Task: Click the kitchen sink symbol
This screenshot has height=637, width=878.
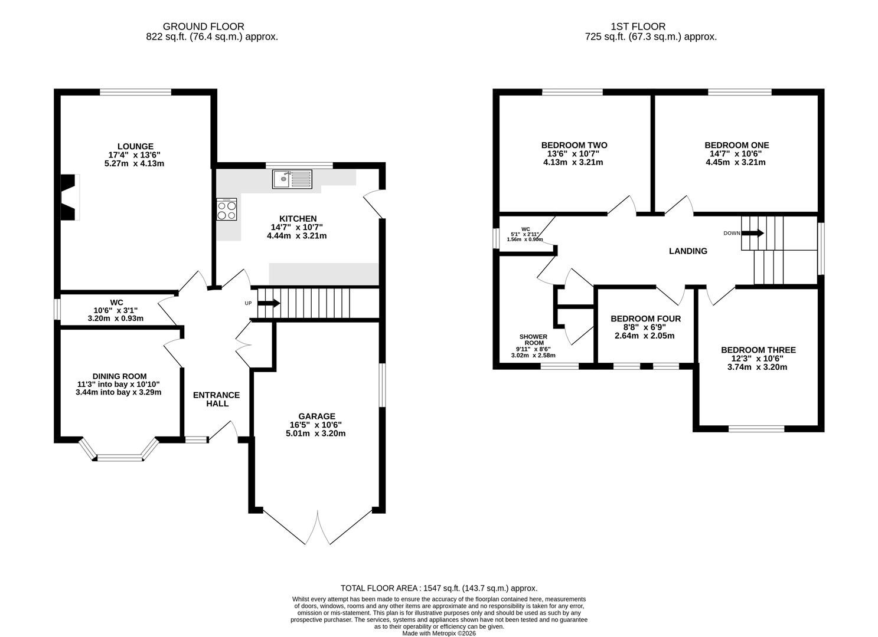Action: click(x=292, y=179)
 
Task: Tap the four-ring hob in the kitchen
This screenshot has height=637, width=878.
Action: click(x=227, y=209)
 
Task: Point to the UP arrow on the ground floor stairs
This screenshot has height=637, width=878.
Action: click(x=269, y=303)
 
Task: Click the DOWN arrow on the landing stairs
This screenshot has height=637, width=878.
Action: click(x=753, y=234)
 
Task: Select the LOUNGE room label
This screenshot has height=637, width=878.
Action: click(x=136, y=146)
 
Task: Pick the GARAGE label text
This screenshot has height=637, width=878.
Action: click(x=316, y=416)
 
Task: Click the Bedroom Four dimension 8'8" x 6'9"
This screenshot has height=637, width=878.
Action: click(x=645, y=327)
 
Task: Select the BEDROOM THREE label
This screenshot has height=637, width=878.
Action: click(x=759, y=350)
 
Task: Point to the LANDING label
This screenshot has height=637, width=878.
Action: click(x=688, y=251)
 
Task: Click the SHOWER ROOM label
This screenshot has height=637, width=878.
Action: click(x=533, y=340)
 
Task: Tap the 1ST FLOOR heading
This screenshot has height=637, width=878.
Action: click(x=638, y=27)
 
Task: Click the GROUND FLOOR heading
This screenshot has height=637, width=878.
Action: click(x=204, y=27)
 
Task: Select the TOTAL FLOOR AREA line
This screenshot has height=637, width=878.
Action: click(x=439, y=588)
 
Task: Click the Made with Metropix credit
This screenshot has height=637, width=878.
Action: click(x=439, y=633)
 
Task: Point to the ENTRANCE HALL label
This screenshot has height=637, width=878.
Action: click(x=216, y=399)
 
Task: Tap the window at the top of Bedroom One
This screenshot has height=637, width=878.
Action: click(x=740, y=92)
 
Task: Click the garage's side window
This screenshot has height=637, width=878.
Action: click(x=382, y=385)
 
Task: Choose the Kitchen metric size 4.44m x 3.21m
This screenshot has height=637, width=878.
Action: click(x=297, y=236)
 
